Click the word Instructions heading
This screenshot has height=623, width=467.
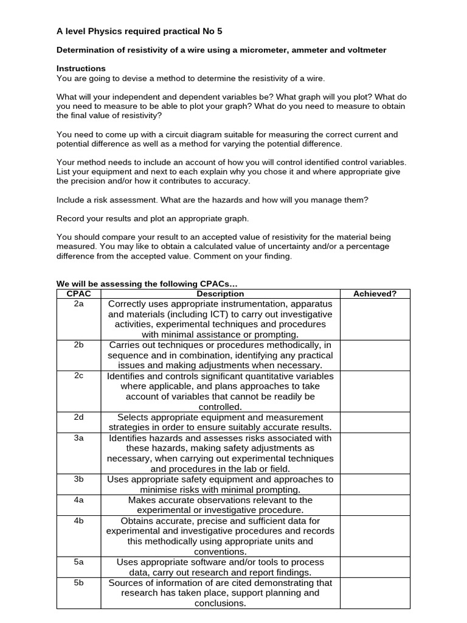click(81, 69)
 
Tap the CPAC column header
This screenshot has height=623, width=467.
click(78, 294)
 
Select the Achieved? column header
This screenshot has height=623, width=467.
click(375, 294)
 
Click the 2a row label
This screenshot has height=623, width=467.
click(78, 304)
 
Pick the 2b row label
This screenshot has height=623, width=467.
click(78, 345)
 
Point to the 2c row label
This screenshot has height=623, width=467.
click(78, 376)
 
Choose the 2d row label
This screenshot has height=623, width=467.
click(78, 417)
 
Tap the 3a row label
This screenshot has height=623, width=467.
click(78, 438)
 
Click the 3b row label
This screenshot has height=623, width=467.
click(78, 479)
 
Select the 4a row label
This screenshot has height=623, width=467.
click(78, 500)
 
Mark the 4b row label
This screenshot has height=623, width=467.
click(78, 521)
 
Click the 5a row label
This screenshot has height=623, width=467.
click(78, 562)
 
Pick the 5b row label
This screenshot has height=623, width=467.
click(78, 583)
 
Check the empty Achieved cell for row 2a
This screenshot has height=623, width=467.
click(375, 319)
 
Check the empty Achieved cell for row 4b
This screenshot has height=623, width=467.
click(375, 536)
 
